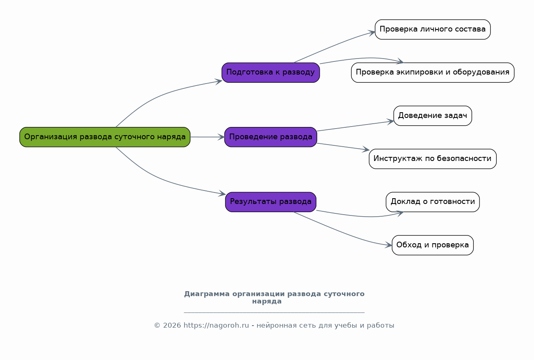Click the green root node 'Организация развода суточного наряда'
tap(105, 137)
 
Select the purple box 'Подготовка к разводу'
tap(270, 72)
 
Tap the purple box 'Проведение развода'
tap(270, 137)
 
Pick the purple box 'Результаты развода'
tap(270, 202)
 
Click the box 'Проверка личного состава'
tap(432, 29)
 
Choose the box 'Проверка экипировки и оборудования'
tap(432, 72)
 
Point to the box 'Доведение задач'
tap(432, 115)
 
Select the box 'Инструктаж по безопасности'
tap(432, 158)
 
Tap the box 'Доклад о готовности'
tap(432, 202)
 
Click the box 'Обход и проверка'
tap(432, 245)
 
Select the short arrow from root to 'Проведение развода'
tap(207, 137)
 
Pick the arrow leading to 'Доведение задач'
tap(355, 126)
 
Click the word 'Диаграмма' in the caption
tap(207, 294)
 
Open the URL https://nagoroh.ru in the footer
tap(216, 326)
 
